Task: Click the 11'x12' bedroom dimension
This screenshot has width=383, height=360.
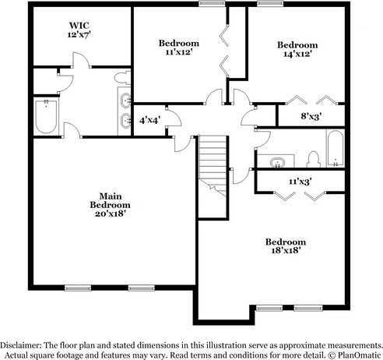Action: tap(179, 53)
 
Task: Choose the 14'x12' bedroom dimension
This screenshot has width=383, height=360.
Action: tap(298, 56)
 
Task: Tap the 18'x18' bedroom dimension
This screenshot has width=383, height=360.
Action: tap(285, 251)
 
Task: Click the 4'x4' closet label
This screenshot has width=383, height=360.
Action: tap(149, 121)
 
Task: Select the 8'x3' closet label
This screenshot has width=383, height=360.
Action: tap(311, 116)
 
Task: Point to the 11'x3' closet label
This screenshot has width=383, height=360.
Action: tap(300, 182)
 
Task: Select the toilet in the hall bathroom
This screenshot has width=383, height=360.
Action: tap(313, 160)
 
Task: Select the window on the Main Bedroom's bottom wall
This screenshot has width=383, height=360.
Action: tap(85, 288)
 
